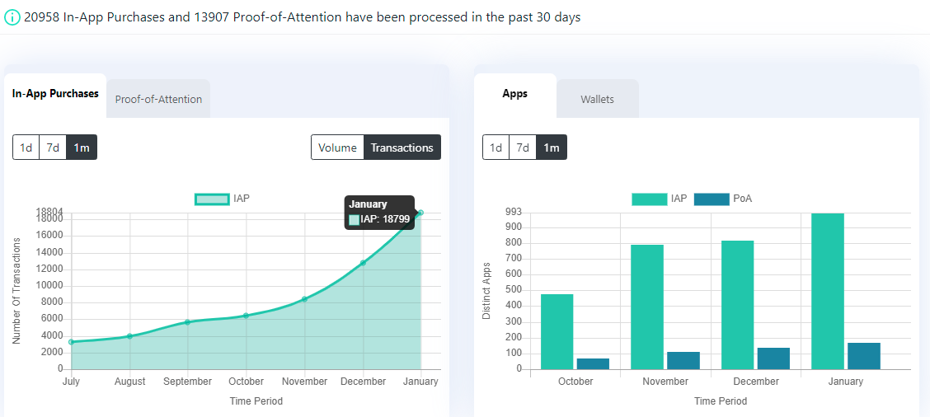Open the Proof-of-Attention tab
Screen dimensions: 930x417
pyautogui.click(x=158, y=99)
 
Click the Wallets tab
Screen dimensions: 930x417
pyautogui.click(x=597, y=99)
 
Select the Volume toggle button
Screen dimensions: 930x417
pyautogui.click(x=337, y=148)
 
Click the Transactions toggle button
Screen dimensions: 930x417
pyautogui.click(x=402, y=148)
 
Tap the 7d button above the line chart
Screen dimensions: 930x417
pyautogui.click(x=53, y=148)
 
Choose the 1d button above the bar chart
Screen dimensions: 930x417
pyautogui.click(x=496, y=148)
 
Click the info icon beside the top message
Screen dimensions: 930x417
pyautogui.click(x=12, y=18)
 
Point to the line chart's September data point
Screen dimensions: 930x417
pyautogui.click(x=187, y=322)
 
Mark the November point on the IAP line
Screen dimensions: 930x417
pyautogui.click(x=304, y=299)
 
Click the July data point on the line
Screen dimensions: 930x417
pyautogui.click(x=71, y=342)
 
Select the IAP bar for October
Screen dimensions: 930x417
pyautogui.click(x=557, y=331)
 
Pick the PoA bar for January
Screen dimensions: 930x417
pyautogui.click(x=863, y=356)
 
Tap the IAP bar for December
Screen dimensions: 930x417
pyautogui.click(x=737, y=305)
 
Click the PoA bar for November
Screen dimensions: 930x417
pyautogui.click(x=683, y=361)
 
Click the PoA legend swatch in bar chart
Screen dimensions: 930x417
pyautogui.click(x=712, y=199)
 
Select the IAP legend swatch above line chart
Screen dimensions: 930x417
pyautogui.click(x=212, y=199)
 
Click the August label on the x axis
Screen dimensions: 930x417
pyautogui.click(x=130, y=382)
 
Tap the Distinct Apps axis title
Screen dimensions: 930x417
pyautogui.click(x=486, y=291)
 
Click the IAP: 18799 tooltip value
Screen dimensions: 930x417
pyautogui.click(x=385, y=219)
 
